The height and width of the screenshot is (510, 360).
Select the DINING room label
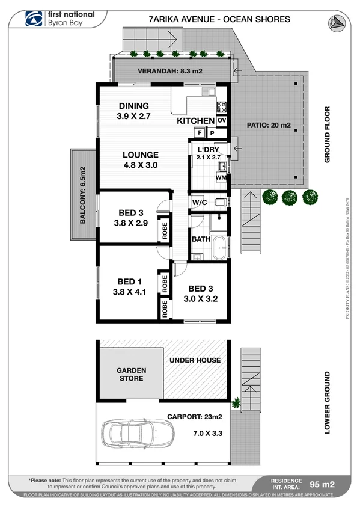point(133,106)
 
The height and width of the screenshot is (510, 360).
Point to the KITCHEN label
point(195,121)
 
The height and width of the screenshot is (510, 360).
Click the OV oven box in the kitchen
point(221,120)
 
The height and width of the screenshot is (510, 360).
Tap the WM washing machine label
point(221,177)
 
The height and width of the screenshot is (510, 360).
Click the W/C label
point(200,202)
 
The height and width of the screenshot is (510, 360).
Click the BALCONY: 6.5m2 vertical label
point(82,195)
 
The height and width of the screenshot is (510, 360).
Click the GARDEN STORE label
point(131,375)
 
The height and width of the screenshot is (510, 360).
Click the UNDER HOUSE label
point(195,360)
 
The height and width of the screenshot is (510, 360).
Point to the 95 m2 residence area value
point(322,484)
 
